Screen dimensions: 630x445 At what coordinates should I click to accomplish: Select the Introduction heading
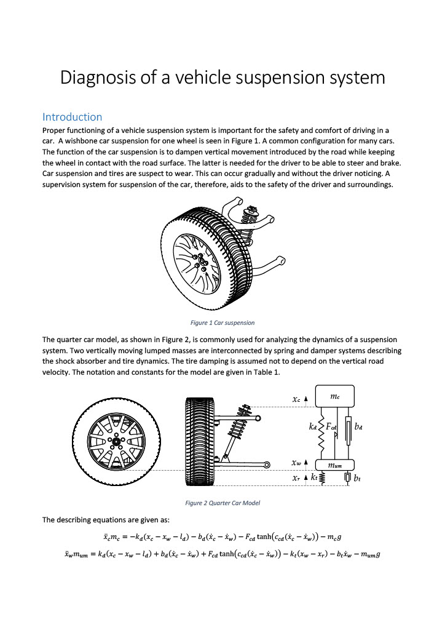click(72, 117)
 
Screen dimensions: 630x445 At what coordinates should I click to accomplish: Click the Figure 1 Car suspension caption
click(222, 322)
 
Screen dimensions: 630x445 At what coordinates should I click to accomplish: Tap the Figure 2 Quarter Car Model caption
click(222, 503)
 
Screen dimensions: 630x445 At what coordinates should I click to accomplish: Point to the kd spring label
click(313, 425)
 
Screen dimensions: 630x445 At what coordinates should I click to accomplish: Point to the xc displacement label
click(296, 399)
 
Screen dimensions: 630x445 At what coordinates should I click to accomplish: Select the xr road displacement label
click(296, 477)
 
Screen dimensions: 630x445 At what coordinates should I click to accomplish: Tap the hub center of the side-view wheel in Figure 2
click(116, 441)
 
